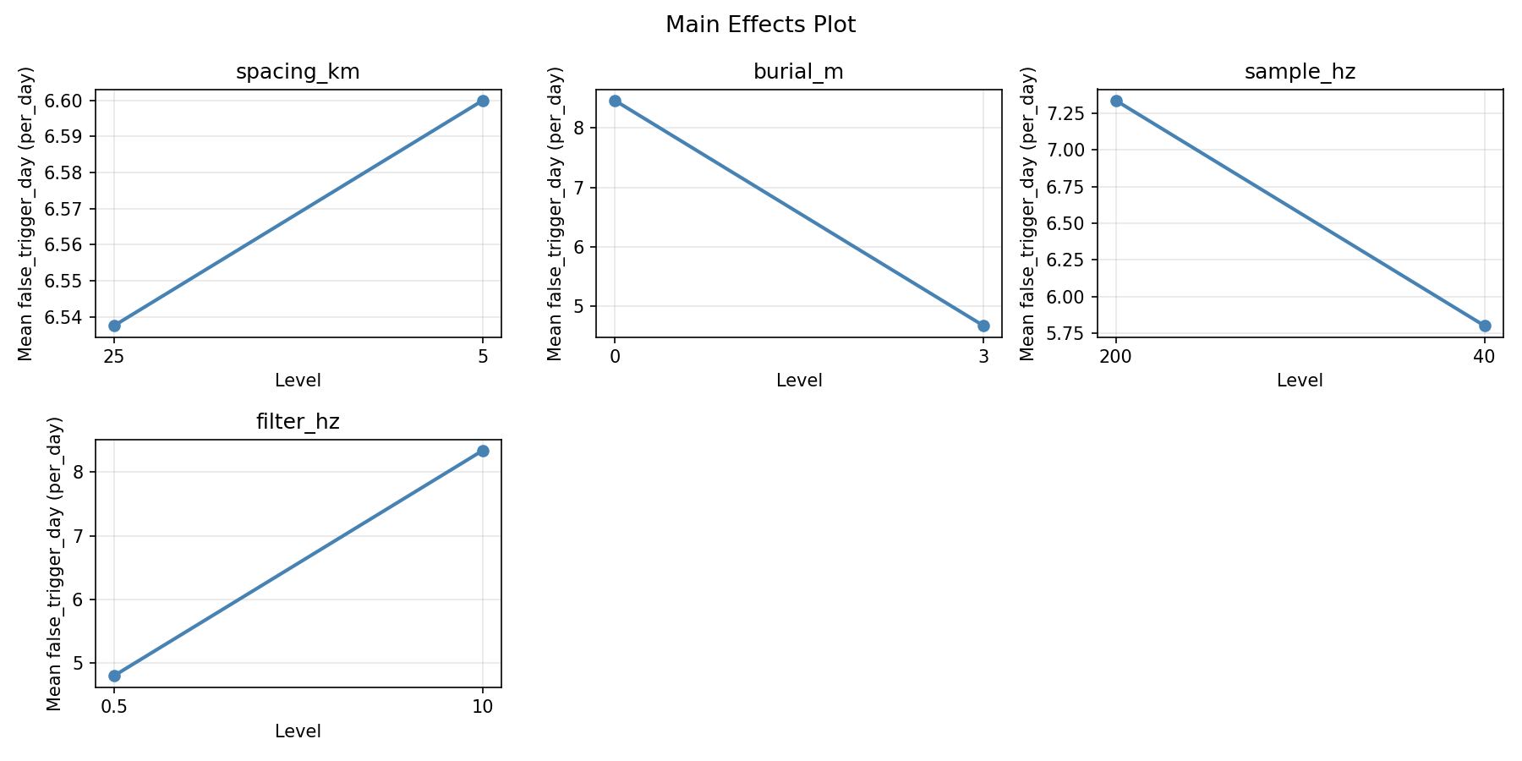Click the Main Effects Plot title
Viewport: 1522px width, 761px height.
760,25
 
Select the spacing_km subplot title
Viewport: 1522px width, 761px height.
298,72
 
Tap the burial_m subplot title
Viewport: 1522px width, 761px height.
798,72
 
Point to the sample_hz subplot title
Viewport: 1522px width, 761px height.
1300,72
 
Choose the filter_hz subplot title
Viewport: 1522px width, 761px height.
298,422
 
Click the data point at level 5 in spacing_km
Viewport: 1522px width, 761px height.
483,101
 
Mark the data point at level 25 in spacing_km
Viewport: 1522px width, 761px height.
114,326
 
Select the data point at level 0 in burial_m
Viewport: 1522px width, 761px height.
615,101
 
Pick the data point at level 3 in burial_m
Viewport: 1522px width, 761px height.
983,326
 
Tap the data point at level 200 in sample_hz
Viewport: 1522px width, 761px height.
1116,101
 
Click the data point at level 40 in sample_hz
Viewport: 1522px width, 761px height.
1485,326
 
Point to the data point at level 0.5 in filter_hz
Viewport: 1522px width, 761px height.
114,676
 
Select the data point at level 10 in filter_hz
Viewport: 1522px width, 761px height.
483,451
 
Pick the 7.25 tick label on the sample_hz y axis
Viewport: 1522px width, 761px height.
1070,113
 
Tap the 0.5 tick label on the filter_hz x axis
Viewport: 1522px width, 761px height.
114,706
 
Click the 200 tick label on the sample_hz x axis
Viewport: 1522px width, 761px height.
1116,356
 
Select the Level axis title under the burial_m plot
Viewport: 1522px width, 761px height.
798,380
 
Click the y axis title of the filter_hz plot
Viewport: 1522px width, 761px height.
55,563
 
